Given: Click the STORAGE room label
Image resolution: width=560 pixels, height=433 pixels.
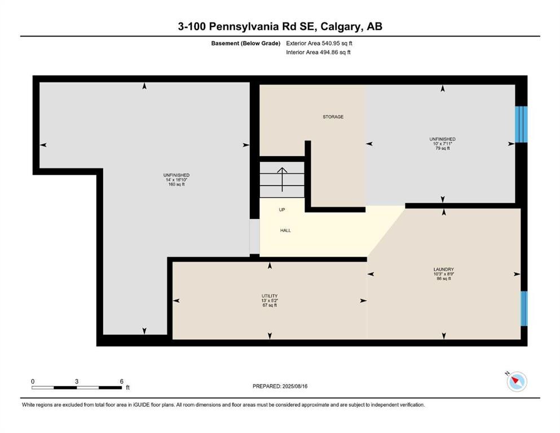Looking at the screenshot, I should point(333,117).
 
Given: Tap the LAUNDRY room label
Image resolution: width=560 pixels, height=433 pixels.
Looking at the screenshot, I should point(444,269).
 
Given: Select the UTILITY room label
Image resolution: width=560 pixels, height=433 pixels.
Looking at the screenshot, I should point(269,296).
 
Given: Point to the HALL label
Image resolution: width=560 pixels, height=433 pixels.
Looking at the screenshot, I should point(285,230).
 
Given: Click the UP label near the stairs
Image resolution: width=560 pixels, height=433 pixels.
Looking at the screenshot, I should point(282,210).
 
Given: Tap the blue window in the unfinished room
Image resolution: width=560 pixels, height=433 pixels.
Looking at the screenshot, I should point(521,124).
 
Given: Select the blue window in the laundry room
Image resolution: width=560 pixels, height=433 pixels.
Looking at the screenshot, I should point(523,308).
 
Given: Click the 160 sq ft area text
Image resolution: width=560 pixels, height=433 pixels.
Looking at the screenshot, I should point(176,184).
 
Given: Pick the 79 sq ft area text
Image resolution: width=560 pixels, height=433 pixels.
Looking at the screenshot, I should point(442,149).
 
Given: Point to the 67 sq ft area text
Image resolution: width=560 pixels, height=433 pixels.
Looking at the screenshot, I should point(269,305).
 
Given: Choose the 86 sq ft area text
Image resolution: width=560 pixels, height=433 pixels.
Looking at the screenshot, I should point(444,279).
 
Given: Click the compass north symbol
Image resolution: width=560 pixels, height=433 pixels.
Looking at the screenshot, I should point(516,382).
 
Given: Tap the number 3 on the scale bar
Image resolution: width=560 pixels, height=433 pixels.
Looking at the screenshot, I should point(76,381).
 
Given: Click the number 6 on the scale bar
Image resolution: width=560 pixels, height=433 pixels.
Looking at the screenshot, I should point(121,381).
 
